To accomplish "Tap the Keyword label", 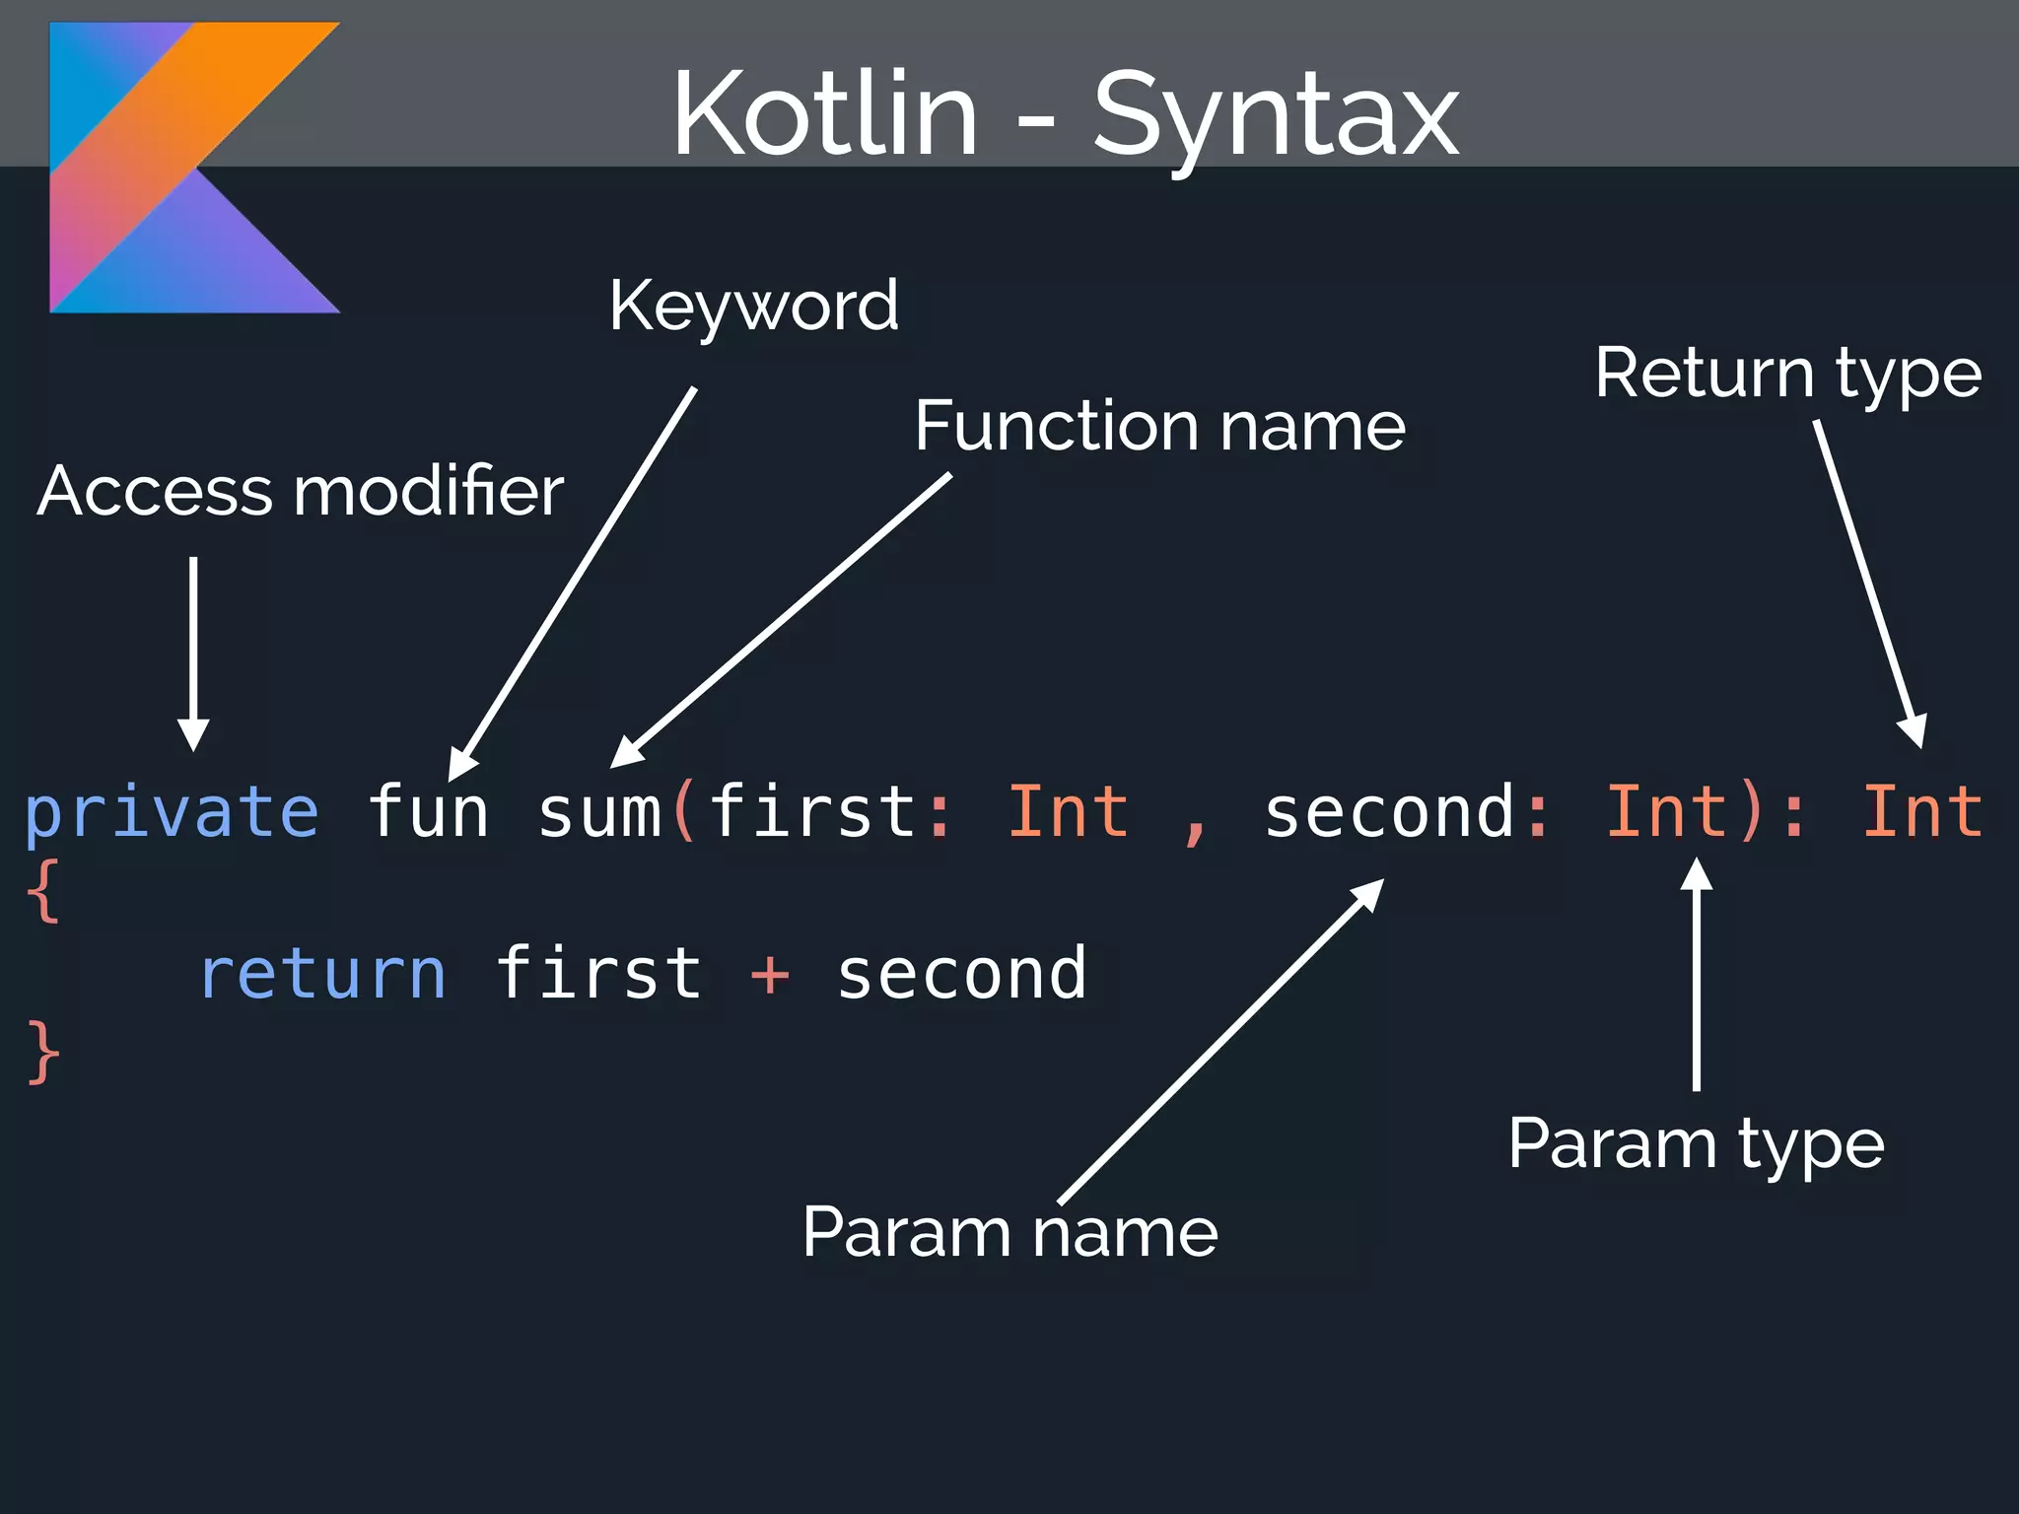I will click(x=753, y=306).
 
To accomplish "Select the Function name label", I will click(x=1159, y=426).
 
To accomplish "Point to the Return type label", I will click(x=1787, y=374).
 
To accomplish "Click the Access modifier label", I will click(x=301, y=491).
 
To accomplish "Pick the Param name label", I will click(x=1009, y=1232).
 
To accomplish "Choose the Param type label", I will click(x=1696, y=1143).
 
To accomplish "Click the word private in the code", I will click(x=172, y=813).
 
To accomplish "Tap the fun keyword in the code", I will click(x=428, y=811).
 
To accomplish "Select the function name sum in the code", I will click(x=599, y=813).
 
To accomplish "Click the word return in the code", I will click(x=322, y=974).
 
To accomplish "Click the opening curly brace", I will click(x=42, y=891).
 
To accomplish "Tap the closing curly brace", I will click(x=42, y=1053).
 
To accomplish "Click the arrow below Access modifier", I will click(x=193, y=651).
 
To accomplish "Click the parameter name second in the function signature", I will click(x=1388, y=813).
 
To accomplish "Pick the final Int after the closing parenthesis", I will click(x=1922, y=811).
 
